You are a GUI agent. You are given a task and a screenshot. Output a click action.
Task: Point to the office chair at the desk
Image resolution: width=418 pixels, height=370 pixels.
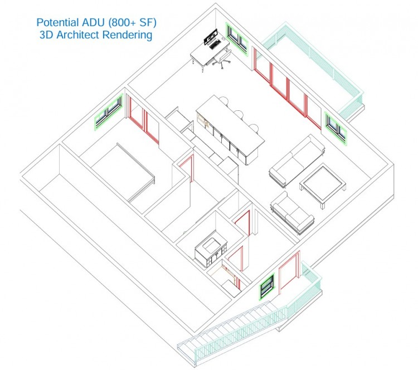point(221,59)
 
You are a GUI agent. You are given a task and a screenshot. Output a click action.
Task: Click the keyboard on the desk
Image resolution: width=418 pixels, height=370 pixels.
point(215,45)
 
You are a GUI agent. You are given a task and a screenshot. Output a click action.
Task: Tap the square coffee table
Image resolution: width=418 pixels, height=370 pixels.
point(323,184)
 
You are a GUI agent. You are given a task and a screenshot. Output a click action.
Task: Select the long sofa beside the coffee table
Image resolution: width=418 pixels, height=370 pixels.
point(296,162)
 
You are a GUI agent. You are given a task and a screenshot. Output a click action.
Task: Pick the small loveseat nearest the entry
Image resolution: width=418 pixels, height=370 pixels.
point(291,212)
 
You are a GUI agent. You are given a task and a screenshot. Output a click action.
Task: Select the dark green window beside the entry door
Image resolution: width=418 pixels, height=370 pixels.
point(267,286)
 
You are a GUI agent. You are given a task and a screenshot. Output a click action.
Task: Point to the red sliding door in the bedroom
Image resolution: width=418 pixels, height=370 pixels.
point(143,120)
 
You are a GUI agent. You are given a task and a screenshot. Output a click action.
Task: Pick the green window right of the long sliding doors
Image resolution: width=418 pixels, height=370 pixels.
point(335,129)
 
